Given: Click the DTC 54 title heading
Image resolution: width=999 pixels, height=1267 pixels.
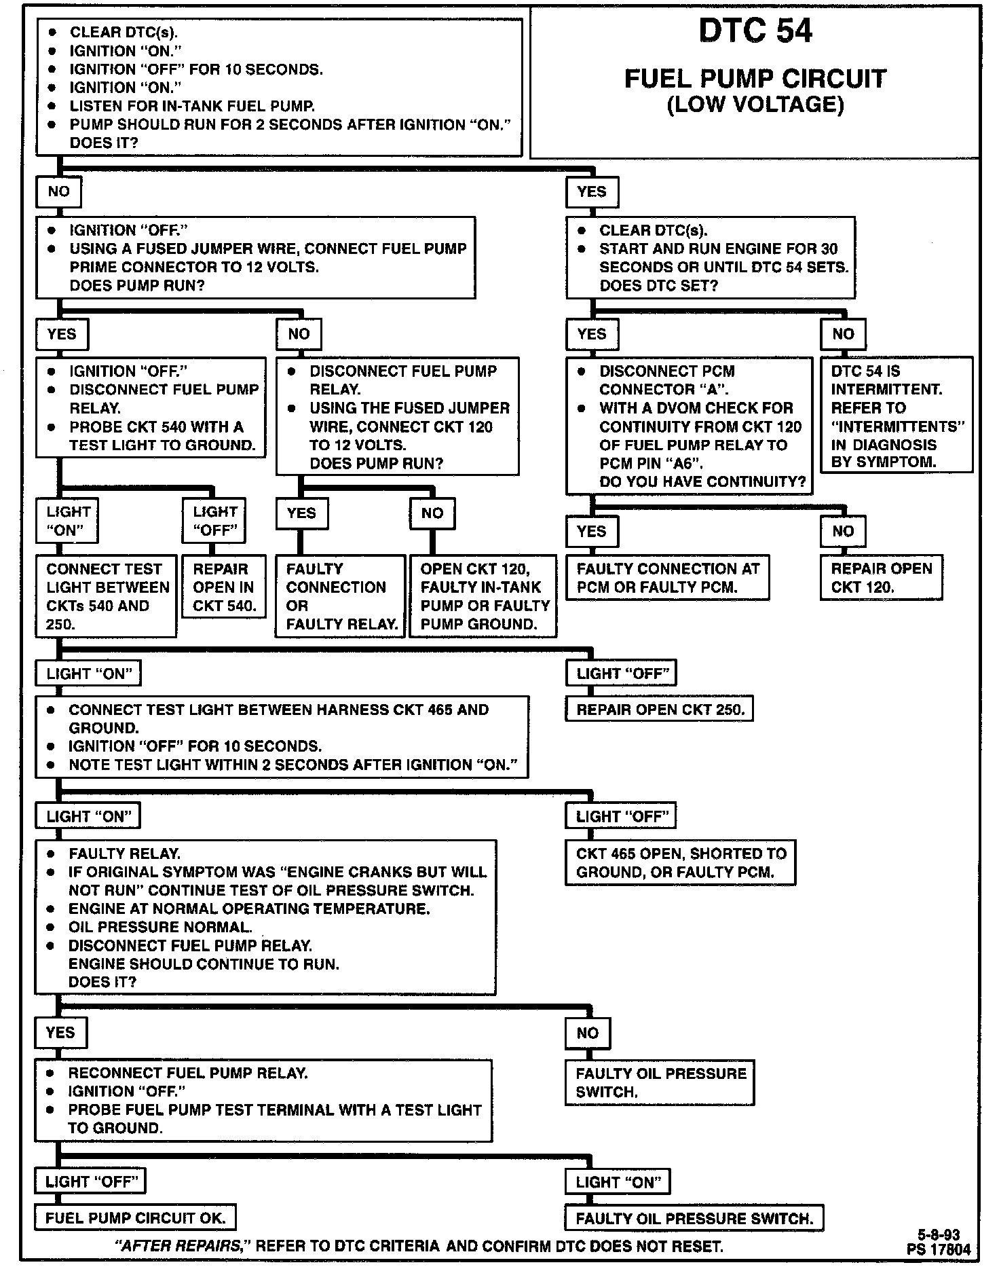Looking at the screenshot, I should click(755, 32).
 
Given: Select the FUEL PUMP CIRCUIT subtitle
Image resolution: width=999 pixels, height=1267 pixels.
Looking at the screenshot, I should click(755, 79).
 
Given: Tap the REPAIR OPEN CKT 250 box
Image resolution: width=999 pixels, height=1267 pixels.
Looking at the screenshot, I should click(660, 710).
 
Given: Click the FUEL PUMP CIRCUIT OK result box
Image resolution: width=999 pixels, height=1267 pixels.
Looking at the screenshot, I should click(135, 1218).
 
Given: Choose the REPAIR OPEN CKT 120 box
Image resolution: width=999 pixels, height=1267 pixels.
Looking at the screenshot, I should click(881, 577).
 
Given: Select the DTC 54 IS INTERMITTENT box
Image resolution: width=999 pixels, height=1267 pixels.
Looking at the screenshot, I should click(896, 416).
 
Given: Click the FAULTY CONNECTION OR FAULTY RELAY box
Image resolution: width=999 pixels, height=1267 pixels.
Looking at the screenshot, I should click(340, 596).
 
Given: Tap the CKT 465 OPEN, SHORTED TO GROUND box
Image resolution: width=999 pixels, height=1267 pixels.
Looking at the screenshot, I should click(680, 863).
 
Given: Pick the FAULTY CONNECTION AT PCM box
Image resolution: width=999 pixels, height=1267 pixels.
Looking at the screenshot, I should click(668, 577).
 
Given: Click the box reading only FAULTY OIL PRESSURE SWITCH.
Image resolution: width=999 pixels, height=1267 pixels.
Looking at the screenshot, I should click(694, 1218).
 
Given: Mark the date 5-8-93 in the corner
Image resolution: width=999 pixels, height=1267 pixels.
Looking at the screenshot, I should click(939, 1235).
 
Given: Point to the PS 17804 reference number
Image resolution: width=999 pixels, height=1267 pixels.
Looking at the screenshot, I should click(938, 1249).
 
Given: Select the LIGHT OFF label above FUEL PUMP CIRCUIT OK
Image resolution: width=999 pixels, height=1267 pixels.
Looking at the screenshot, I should click(91, 1181).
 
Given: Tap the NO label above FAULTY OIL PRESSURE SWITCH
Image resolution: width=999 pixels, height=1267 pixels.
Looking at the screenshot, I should click(588, 1033).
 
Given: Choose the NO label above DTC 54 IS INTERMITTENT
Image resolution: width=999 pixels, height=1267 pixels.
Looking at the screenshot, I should click(843, 334).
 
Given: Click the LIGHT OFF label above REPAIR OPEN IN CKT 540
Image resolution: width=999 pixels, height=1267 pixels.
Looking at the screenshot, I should click(214, 521).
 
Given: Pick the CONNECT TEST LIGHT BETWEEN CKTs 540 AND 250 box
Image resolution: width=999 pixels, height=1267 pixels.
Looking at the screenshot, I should click(107, 596).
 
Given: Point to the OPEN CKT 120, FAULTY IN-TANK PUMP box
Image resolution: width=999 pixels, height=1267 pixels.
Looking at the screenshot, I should click(483, 596).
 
